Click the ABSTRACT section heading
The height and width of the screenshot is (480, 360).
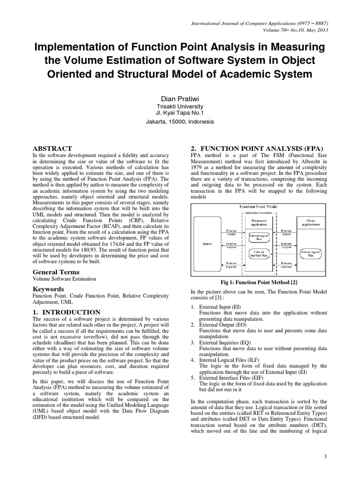click(52, 149)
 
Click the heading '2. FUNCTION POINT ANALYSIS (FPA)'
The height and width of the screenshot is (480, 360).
click(255, 149)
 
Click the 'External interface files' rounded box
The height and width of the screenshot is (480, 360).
click(259, 254)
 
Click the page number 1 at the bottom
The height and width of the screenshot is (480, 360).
click(325, 456)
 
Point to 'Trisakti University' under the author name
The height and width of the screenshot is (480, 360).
click(180, 106)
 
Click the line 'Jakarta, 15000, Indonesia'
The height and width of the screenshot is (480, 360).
click(180, 121)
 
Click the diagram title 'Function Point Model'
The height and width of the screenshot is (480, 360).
click(259, 206)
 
